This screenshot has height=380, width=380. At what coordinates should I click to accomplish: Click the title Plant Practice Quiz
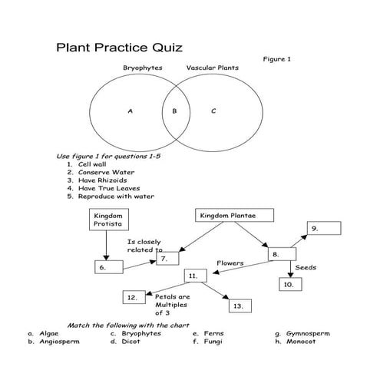pyautogui.click(x=119, y=48)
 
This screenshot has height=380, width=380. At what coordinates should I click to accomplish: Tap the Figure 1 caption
pyautogui.click(x=277, y=59)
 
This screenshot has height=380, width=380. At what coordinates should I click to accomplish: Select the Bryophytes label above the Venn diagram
pyautogui.click(x=143, y=68)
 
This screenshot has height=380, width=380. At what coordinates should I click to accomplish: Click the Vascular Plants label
pyautogui.click(x=212, y=68)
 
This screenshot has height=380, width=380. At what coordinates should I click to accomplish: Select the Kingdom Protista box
pyautogui.click(x=108, y=220)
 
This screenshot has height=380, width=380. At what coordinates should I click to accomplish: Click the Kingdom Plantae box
pyautogui.click(x=227, y=216)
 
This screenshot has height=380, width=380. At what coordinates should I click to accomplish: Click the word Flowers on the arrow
pyautogui.click(x=230, y=263)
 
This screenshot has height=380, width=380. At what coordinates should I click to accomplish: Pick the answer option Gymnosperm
pyautogui.click(x=308, y=334)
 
